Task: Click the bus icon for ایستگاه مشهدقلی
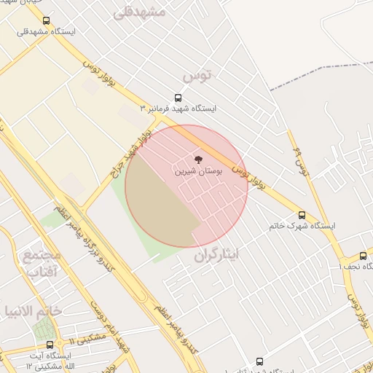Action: tap(47, 21)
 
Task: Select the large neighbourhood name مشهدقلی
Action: tap(141, 11)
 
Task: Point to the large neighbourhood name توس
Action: tap(197, 75)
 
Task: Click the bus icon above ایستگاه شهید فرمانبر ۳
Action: tap(178, 98)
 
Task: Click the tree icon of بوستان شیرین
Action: tap(197, 159)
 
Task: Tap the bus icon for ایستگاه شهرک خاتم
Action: tap(302, 215)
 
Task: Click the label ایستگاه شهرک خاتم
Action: tap(302, 226)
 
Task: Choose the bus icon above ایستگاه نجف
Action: tap(363, 256)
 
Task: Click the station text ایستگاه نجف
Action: tap(356, 266)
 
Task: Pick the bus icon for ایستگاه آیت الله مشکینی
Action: tap(49, 344)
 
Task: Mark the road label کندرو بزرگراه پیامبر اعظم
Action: tap(91, 251)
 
